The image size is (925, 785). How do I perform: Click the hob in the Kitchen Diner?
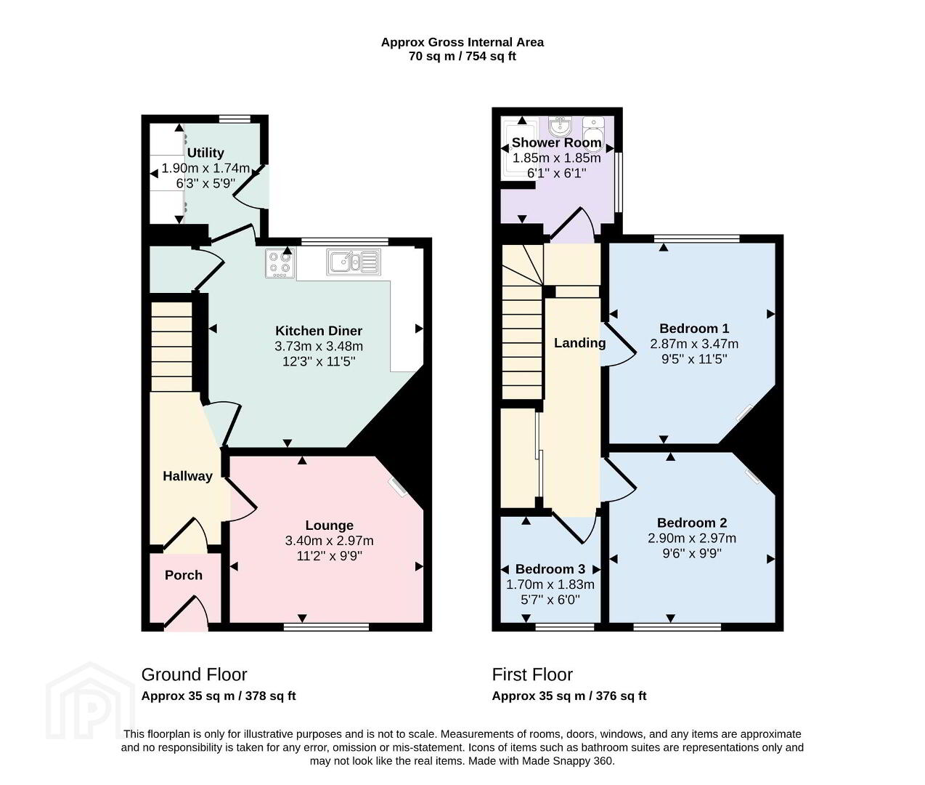pyautogui.click(x=280, y=263)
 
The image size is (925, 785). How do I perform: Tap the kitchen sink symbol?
pyautogui.click(x=354, y=262)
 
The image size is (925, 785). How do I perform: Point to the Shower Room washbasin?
pyautogui.click(x=559, y=126)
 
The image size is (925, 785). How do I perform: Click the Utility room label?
pyautogui.click(x=205, y=153)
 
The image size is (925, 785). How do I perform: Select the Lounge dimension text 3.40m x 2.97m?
pyautogui.click(x=330, y=541)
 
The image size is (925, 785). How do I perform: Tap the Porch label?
pyautogui.click(x=184, y=575)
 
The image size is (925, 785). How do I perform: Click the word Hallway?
pyautogui.click(x=187, y=476)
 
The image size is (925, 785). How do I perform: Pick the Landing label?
pyautogui.click(x=580, y=343)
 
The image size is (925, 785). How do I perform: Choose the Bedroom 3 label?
pyautogui.click(x=550, y=569)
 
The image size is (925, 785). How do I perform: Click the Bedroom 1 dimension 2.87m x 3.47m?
pyautogui.click(x=694, y=344)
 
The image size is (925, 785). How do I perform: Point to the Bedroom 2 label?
pyautogui.click(x=692, y=523)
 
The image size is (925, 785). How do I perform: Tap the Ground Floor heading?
pyautogui.click(x=194, y=675)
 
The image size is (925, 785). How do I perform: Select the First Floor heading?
pyautogui.click(x=532, y=675)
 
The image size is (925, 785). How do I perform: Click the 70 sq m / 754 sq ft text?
pyautogui.click(x=462, y=57)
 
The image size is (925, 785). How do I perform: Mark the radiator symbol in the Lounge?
pyautogui.click(x=398, y=487)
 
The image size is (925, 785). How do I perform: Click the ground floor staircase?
pyautogui.click(x=171, y=347)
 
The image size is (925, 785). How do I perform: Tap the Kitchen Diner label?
pyautogui.click(x=319, y=331)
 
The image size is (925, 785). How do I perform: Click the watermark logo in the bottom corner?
pyautogui.click(x=90, y=701)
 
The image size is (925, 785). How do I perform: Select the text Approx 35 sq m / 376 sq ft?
pyautogui.click(x=569, y=696)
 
